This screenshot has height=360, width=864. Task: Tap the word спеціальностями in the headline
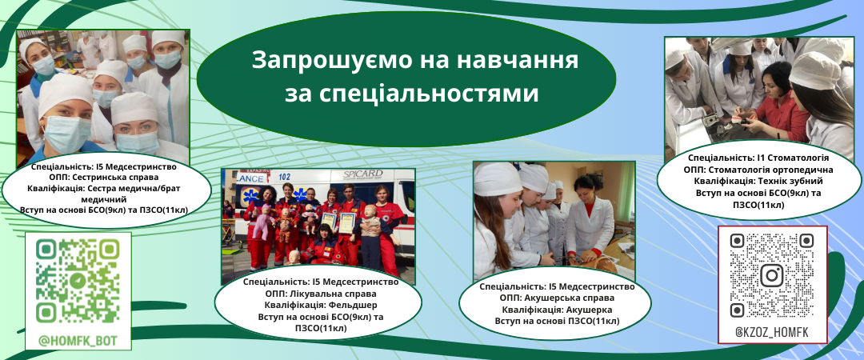(x=411, y=94)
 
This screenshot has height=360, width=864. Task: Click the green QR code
(x=78, y=281)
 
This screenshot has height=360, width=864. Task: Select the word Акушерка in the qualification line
(x=590, y=310)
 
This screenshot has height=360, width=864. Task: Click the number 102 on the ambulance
(x=284, y=177)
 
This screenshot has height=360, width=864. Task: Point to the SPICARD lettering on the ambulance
(x=363, y=174)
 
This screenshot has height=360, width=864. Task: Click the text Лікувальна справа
(x=332, y=294)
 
